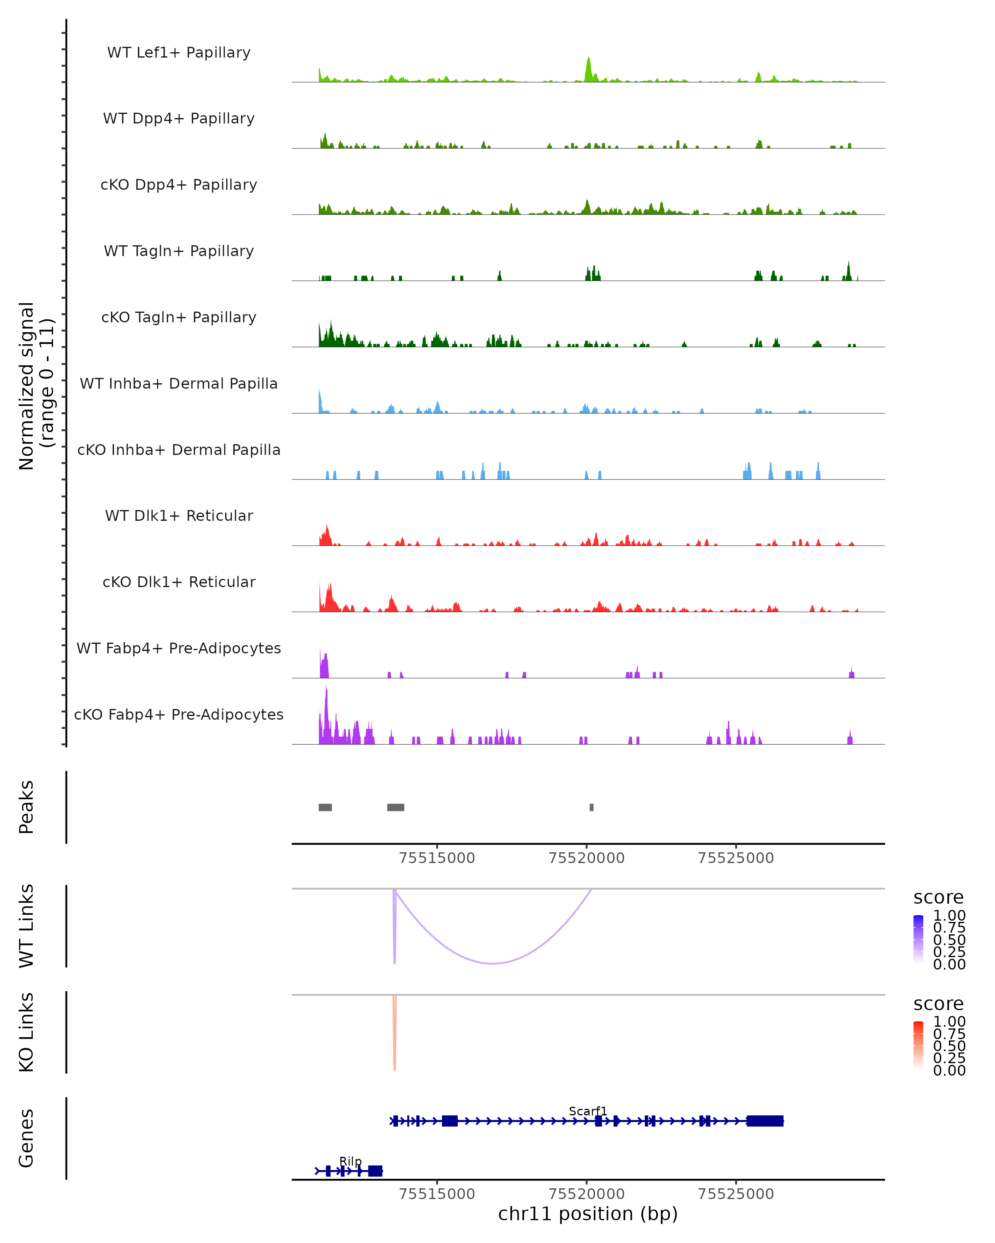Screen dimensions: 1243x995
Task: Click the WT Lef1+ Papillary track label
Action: [179, 53]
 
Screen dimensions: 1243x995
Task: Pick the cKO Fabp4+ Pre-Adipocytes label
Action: [179, 714]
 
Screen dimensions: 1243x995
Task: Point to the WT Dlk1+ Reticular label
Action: [179, 515]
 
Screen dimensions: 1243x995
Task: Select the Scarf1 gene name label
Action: [588, 1111]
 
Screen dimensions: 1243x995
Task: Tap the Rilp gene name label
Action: [350, 1161]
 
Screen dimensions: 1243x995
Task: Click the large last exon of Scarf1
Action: [765, 1121]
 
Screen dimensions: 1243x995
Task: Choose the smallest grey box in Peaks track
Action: [591, 807]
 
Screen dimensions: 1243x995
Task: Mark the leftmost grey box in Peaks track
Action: [325, 807]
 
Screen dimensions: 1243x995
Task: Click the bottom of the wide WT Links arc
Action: [493, 963]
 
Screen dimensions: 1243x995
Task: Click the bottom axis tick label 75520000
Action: [587, 1193]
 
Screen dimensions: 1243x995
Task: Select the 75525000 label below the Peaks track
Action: [735, 858]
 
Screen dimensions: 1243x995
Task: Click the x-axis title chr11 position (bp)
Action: [588, 1214]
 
